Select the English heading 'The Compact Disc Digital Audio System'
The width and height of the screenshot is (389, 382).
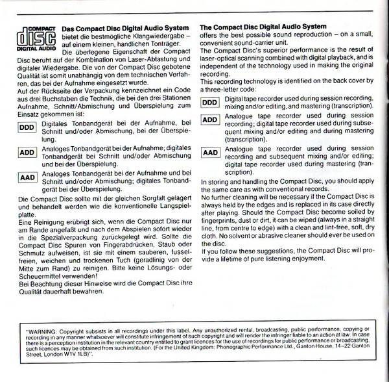coord(264,27)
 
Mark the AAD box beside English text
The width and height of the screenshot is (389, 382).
coord(211,153)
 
